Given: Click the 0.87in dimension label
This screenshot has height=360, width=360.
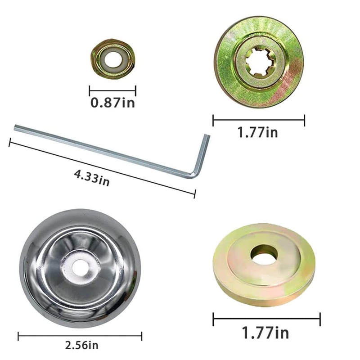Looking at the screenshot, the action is pos(112,103).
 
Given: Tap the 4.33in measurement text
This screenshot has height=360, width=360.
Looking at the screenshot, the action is pos(92,178).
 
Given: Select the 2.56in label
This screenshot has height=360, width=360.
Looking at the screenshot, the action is pos(82,345).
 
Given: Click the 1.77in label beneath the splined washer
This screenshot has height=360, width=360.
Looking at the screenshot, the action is pos(257,133).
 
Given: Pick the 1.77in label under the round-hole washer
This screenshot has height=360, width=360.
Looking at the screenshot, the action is pos(265,333).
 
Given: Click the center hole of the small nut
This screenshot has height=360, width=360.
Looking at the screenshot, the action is pos(113,59).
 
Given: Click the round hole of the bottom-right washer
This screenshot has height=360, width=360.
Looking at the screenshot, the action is pos(264,254).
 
